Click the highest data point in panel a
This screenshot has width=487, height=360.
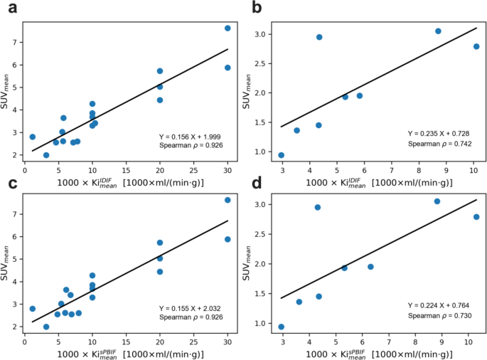tap(228, 28)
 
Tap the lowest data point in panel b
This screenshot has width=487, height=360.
tap(282, 155)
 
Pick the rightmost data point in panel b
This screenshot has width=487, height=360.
tap(476, 47)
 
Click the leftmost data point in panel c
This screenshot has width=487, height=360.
tap(32, 309)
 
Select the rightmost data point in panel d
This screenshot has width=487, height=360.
tap(476, 217)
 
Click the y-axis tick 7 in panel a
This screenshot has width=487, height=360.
tap(16, 43)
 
